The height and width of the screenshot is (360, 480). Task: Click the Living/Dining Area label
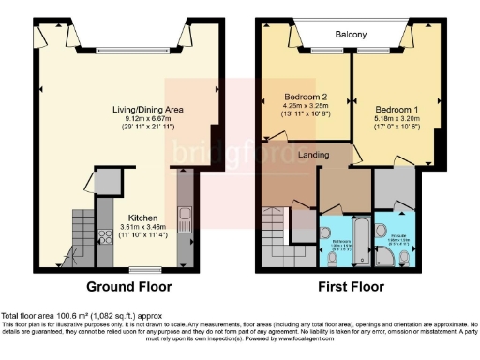tap(147, 110)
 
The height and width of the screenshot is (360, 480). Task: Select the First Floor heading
tap(351, 286)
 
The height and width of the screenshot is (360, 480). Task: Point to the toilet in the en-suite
tap(382, 230)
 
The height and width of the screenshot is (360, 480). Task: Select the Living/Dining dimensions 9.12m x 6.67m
tap(147, 119)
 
